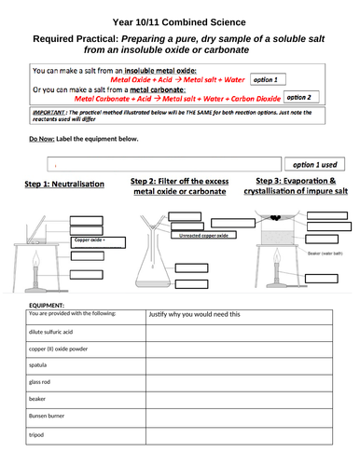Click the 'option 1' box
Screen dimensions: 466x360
302,82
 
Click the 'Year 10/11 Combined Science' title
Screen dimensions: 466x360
180,20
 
